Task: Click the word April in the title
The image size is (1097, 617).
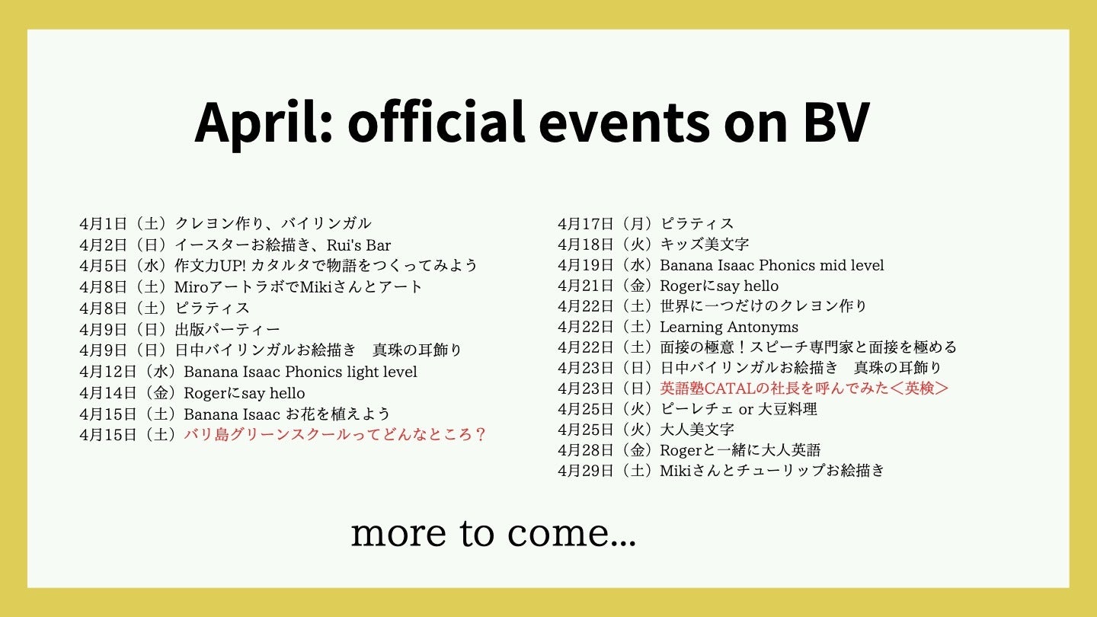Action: click(264, 123)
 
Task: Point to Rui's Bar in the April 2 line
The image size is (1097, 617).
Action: click(359, 245)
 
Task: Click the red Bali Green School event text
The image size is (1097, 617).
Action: click(334, 435)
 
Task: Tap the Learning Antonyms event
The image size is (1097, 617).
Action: click(729, 327)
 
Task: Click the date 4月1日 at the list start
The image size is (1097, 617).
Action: click(104, 224)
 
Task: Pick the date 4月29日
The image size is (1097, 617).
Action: click(586, 471)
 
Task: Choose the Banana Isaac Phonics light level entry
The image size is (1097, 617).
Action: click(300, 372)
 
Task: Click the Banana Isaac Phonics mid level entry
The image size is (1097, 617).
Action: click(772, 265)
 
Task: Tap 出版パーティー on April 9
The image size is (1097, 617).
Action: click(227, 329)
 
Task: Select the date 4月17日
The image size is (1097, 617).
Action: click(586, 224)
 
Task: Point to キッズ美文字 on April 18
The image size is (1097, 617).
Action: click(704, 244)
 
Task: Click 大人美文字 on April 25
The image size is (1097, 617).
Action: click(697, 430)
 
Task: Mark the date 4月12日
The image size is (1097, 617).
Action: click(107, 372)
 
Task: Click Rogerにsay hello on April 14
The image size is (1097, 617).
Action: click(245, 393)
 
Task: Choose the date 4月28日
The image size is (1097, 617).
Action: click(586, 450)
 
